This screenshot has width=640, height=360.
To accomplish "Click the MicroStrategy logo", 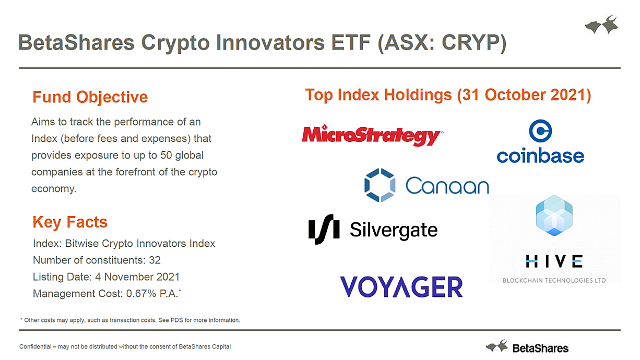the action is (x=373, y=135).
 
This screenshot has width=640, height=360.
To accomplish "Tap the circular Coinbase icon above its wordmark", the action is (x=540, y=131).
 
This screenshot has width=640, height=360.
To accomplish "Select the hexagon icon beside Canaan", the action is (x=380, y=185).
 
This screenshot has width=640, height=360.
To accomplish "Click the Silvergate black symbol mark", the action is (x=324, y=229).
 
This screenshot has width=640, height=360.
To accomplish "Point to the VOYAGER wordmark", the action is (x=401, y=286).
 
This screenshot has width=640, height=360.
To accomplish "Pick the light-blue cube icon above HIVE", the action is (x=554, y=215).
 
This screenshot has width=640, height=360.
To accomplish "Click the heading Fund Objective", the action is (x=90, y=97).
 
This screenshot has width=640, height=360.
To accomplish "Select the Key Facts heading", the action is (x=70, y=222).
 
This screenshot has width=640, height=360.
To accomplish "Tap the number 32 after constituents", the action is (x=155, y=260).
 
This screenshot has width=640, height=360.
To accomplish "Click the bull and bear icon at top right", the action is (x=602, y=25).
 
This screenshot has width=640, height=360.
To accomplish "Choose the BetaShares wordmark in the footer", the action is (x=540, y=349).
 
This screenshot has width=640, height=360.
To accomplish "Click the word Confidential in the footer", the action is (x=35, y=346).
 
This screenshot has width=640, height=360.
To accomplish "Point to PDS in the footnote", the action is (x=176, y=320).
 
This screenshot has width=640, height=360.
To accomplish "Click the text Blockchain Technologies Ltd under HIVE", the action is (x=554, y=280).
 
